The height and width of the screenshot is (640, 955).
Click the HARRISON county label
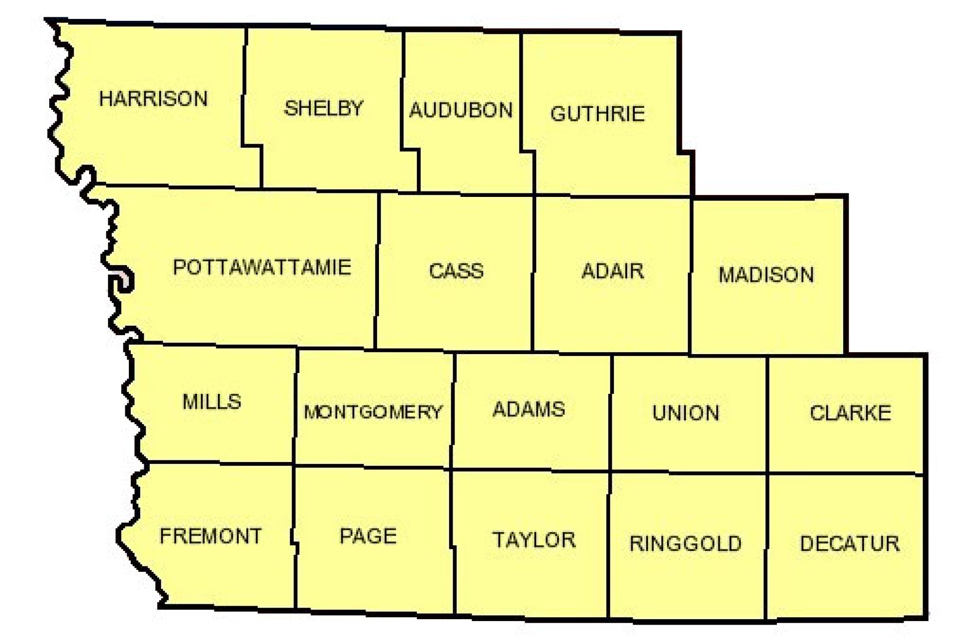click(x=153, y=98)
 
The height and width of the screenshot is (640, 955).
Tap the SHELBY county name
click(x=323, y=108)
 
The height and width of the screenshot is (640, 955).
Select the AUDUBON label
click(x=461, y=110)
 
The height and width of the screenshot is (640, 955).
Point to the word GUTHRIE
click(x=597, y=114)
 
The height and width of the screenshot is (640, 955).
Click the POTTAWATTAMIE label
click(x=262, y=268)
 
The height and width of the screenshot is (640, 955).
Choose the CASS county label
click(x=456, y=271)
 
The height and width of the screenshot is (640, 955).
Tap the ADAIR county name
click(x=612, y=271)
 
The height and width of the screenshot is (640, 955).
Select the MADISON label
click(x=766, y=275)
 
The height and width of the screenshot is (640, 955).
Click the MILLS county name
click(x=212, y=401)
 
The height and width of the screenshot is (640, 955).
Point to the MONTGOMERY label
click(x=373, y=412)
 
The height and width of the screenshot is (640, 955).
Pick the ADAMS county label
click(x=529, y=409)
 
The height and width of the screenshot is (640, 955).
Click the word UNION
click(x=685, y=413)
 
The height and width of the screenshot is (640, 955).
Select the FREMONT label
click(x=210, y=536)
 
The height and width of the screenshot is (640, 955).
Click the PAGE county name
click(x=368, y=536)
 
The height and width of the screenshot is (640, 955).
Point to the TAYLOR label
click(x=534, y=540)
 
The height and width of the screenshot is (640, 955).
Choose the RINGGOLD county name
click(x=685, y=544)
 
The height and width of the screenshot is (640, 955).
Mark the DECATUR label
click(x=850, y=544)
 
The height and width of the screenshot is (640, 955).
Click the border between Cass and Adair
click(x=533, y=274)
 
